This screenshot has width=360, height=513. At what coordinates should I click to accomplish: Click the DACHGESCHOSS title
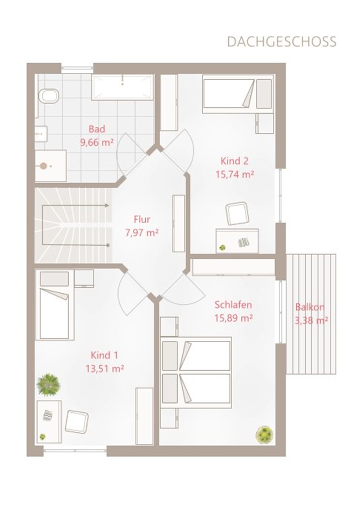(282, 42)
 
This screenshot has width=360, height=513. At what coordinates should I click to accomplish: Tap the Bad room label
(97, 129)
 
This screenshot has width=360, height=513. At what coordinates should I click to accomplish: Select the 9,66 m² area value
(97, 142)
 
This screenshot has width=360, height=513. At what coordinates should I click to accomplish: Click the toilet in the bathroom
(49, 96)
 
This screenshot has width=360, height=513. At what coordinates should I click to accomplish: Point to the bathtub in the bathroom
(122, 87)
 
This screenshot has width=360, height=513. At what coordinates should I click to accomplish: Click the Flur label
(142, 219)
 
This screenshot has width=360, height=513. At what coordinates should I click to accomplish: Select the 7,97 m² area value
(142, 232)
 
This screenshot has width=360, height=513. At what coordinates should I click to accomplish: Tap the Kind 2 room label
(234, 161)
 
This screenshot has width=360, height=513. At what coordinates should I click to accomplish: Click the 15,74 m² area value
(234, 174)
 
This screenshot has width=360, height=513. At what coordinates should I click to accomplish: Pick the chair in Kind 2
(237, 213)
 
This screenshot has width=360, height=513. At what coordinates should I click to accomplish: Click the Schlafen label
(233, 304)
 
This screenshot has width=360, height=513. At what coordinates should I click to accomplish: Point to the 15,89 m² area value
(233, 318)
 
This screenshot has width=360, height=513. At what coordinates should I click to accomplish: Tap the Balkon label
(310, 307)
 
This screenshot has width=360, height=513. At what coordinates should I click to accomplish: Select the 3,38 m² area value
(311, 320)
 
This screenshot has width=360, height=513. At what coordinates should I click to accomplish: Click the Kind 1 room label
(105, 355)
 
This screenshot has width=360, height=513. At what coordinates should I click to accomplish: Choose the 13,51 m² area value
(105, 369)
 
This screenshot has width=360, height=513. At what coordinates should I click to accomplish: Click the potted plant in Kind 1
(49, 385)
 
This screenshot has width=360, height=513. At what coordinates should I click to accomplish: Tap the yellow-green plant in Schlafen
(264, 435)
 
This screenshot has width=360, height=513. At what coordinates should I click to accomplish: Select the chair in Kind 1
(76, 422)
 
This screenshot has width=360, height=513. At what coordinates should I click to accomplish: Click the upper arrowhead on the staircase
(107, 205)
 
